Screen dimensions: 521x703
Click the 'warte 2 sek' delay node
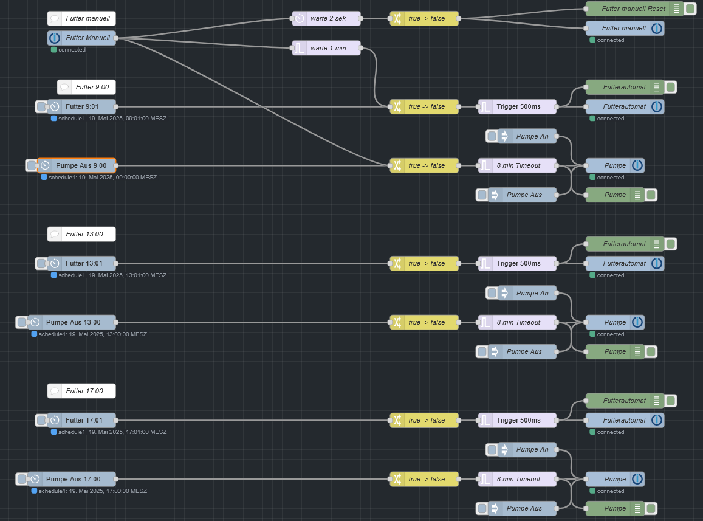coord(327,18)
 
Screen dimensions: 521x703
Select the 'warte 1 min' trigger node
coord(327,48)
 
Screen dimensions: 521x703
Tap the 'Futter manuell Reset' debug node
coord(632,9)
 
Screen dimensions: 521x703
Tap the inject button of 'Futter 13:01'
coord(41,263)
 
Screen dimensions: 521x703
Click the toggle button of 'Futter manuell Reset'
coord(690,9)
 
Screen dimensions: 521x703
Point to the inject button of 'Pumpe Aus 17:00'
coord(21,479)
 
